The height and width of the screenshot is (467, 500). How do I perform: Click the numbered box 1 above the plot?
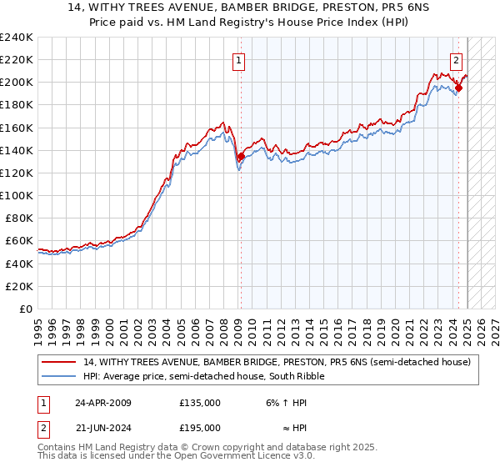(x=238, y=60)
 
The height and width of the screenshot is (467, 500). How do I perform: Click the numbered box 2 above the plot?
(x=457, y=60)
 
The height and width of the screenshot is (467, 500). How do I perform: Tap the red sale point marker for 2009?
(x=241, y=156)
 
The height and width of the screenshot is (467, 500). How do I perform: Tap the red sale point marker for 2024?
(x=459, y=88)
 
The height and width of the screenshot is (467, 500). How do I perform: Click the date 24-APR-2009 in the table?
(x=103, y=403)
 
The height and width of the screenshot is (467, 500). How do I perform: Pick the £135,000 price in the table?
(x=200, y=403)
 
